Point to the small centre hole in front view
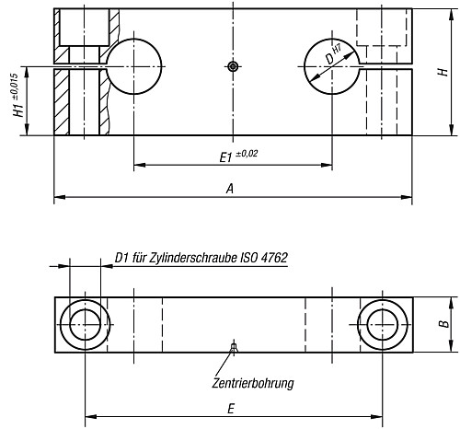tap(234, 66)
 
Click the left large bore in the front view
tap(134, 66)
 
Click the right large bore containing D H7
tap(331, 66)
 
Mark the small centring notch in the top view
tap(234, 347)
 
